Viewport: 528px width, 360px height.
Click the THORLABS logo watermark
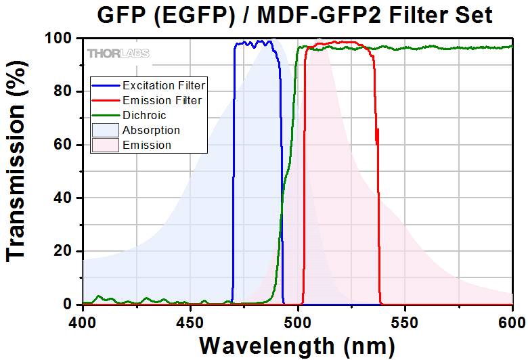pyautogui.click(x=118, y=53)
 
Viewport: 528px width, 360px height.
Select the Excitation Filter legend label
pyautogui.click(x=163, y=86)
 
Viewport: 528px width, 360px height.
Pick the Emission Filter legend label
pyautogui.click(x=162, y=101)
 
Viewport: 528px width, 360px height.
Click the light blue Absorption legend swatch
pyautogui.click(x=106, y=130)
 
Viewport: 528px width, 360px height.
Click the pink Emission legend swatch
pyautogui.click(x=106, y=145)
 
